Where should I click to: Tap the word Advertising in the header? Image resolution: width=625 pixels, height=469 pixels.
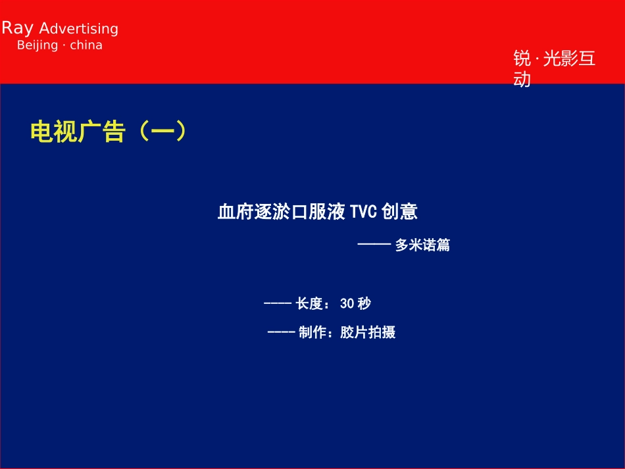[x=79, y=29]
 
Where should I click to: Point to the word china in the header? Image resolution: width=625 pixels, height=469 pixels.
[x=86, y=45]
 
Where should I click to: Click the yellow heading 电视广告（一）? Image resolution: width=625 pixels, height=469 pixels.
[x=109, y=132]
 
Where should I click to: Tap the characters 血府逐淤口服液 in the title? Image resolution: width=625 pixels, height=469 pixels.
[x=282, y=212]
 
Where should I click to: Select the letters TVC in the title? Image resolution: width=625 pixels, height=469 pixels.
[x=363, y=212]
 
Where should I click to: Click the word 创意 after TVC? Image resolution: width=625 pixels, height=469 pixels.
[x=399, y=212]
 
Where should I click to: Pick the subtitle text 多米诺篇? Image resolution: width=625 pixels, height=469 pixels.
[x=422, y=245]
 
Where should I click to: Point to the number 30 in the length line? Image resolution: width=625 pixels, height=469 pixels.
[x=347, y=303]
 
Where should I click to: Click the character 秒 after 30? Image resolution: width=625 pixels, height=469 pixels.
[x=364, y=303]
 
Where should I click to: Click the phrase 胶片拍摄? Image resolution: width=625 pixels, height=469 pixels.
[x=368, y=332]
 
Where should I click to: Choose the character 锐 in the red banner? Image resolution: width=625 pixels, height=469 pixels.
[x=522, y=59]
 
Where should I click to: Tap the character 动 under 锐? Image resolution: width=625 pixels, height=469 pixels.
[x=522, y=80]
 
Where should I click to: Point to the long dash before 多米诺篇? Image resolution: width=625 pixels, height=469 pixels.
[x=374, y=245]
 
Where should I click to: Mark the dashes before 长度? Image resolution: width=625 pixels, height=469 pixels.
[x=277, y=303]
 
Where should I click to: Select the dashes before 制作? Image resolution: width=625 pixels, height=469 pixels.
[x=281, y=332]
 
